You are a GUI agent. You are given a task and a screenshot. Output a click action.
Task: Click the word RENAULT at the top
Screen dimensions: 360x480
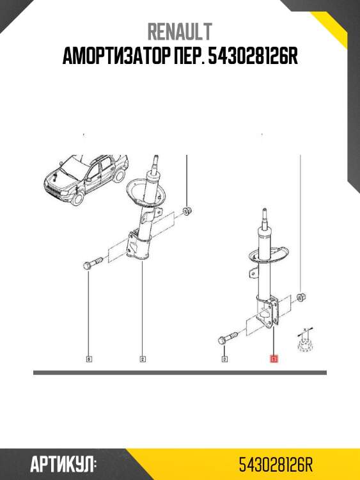180,31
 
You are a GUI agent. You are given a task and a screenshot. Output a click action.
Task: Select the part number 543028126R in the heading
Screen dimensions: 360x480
253,56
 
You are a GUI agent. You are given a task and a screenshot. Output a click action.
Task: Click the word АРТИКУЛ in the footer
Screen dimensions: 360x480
62,465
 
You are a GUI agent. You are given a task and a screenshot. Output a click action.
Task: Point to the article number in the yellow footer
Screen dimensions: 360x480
276,465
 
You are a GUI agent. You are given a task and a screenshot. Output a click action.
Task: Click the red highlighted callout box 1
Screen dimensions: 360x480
274,358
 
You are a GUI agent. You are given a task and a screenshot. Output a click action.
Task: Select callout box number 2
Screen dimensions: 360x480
143,359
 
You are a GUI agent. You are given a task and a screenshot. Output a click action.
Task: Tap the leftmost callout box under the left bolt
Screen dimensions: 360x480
89,359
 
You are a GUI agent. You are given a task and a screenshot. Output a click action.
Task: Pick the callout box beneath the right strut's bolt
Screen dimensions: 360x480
224,359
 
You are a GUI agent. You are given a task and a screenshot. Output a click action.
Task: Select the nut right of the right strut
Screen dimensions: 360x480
302,296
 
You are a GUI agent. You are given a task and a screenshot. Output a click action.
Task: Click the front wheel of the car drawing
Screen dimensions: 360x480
77,198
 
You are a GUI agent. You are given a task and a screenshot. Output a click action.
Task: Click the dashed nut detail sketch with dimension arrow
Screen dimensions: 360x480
304,340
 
